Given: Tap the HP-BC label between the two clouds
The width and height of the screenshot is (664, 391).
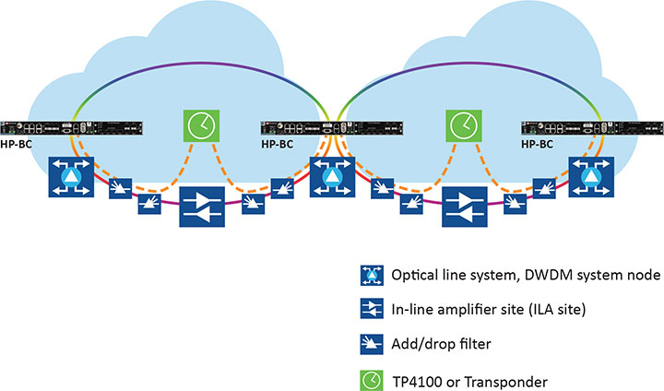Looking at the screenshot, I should tap(278, 145).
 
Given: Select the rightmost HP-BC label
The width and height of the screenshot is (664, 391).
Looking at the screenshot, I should tap(538, 145).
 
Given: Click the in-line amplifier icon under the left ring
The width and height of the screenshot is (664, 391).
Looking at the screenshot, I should tap(199, 206).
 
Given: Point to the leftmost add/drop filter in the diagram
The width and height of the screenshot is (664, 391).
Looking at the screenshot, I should tap(119, 189).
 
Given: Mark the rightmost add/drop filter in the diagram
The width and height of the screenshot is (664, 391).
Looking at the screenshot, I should tap(542, 189).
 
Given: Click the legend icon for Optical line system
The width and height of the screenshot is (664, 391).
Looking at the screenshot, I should tap(370, 276).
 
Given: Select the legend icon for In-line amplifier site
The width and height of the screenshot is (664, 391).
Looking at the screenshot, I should tap(370, 310).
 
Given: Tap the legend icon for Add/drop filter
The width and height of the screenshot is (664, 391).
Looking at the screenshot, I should tap(370, 344).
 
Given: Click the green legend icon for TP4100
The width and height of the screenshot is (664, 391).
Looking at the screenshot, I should tap(370, 378).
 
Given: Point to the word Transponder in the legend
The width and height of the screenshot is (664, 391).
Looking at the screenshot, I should tap(502, 378).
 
